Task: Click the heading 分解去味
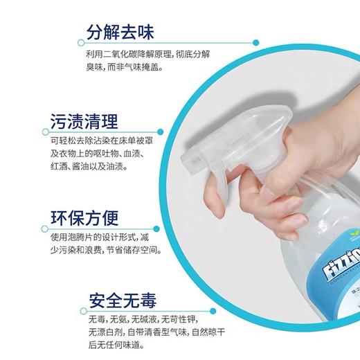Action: click(x=120, y=33)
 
